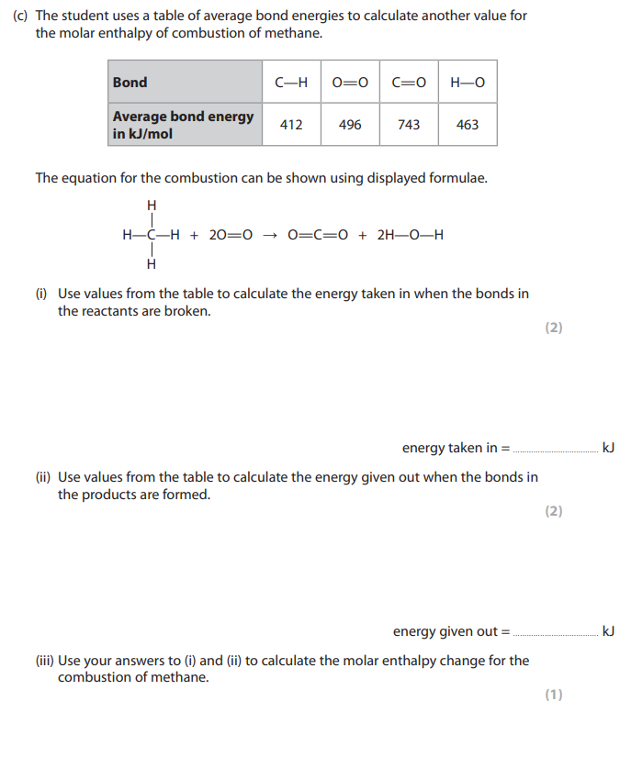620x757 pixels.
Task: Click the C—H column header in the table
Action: pyautogui.click(x=291, y=83)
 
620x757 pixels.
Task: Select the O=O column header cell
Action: pyautogui.click(x=350, y=83)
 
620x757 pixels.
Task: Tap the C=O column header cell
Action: pyautogui.click(x=409, y=83)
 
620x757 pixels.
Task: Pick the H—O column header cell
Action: pyautogui.click(x=468, y=83)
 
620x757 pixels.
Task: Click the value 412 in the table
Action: pyautogui.click(x=291, y=125)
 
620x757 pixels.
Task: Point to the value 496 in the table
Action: pyautogui.click(x=350, y=125)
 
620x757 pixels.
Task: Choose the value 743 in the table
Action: pyautogui.click(x=409, y=125)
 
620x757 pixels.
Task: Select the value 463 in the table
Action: pyautogui.click(x=468, y=125)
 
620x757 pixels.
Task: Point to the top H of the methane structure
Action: pyautogui.click(x=152, y=204)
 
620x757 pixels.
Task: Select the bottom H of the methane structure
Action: pyautogui.click(x=152, y=264)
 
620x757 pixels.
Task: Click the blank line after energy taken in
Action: pyautogui.click(x=554, y=450)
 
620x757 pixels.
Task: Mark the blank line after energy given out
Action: pyautogui.click(x=554, y=633)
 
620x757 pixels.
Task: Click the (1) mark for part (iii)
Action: pyautogui.click(x=553, y=695)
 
